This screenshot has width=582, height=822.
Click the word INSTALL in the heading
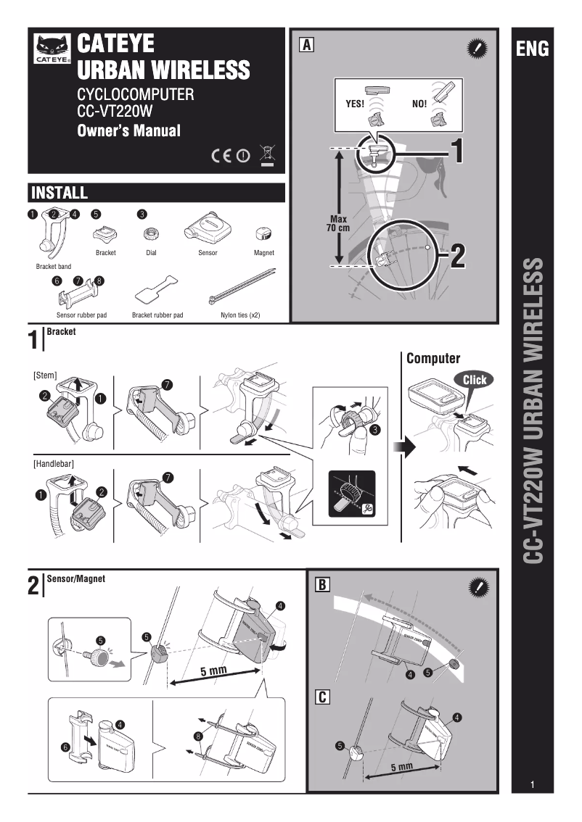click(60, 193)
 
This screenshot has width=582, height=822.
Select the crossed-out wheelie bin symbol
click(267, 154)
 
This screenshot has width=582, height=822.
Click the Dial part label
click(151, 253)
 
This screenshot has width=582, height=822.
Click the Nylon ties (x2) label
click(240, 316)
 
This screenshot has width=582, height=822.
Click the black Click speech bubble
click(475, 380)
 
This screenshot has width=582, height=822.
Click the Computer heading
click(433, 358)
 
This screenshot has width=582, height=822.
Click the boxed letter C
click(322, 697)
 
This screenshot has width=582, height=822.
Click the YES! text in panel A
click(354, 104)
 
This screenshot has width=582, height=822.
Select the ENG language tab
click(532, 49)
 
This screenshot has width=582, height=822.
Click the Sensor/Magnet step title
click(76, 579)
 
